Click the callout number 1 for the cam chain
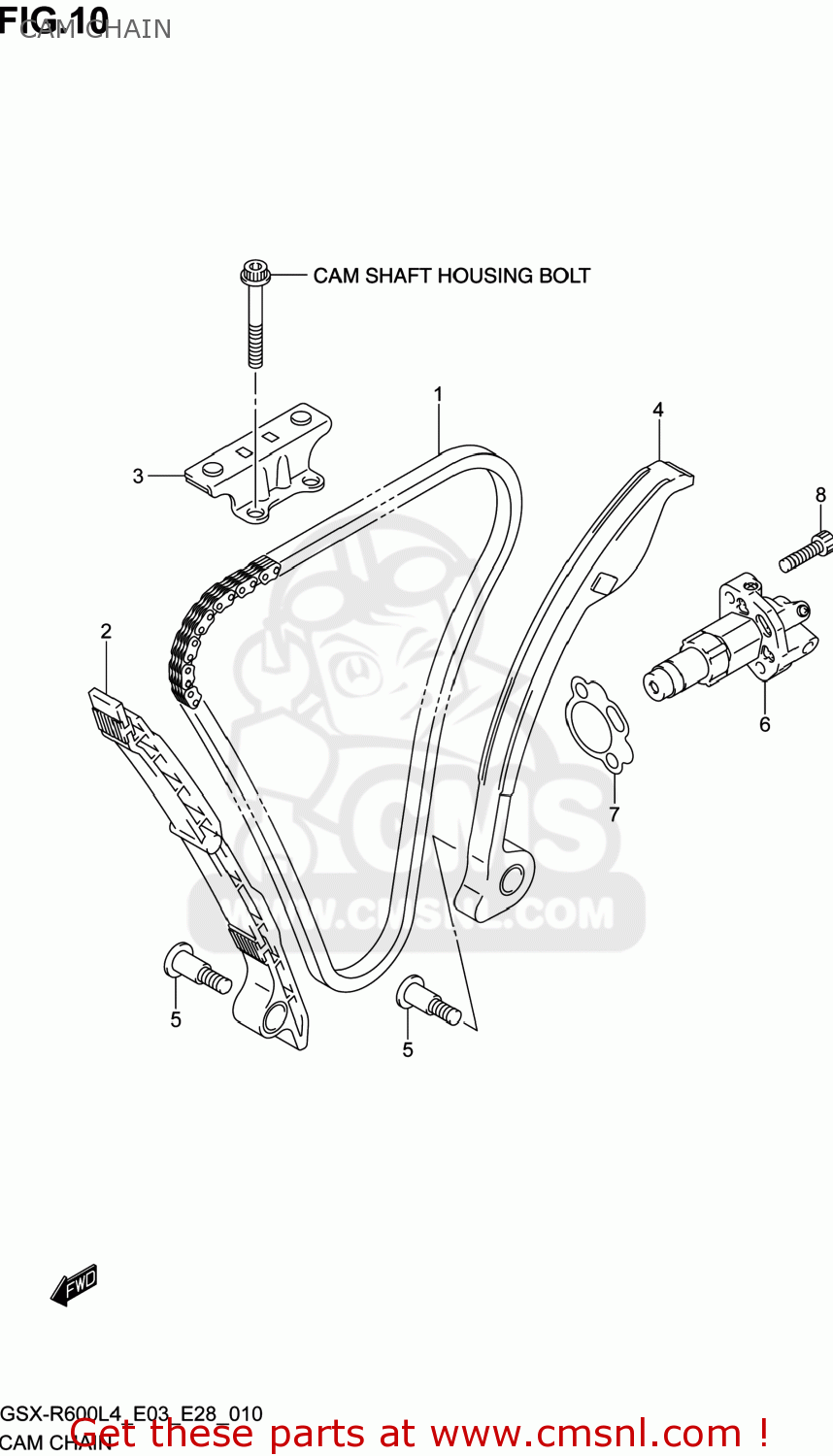coord(438,394)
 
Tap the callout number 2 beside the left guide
coord(106,631)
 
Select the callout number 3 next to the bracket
coord(138,476)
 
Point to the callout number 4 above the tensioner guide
coord(658,410)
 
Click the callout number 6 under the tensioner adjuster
coord(765,724)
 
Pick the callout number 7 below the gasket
coord(614,813)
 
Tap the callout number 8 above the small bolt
coord(820,495)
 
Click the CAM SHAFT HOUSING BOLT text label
coord(451,276)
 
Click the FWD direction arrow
coord(75,1285)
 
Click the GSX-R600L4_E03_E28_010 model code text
coord(131,1414)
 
